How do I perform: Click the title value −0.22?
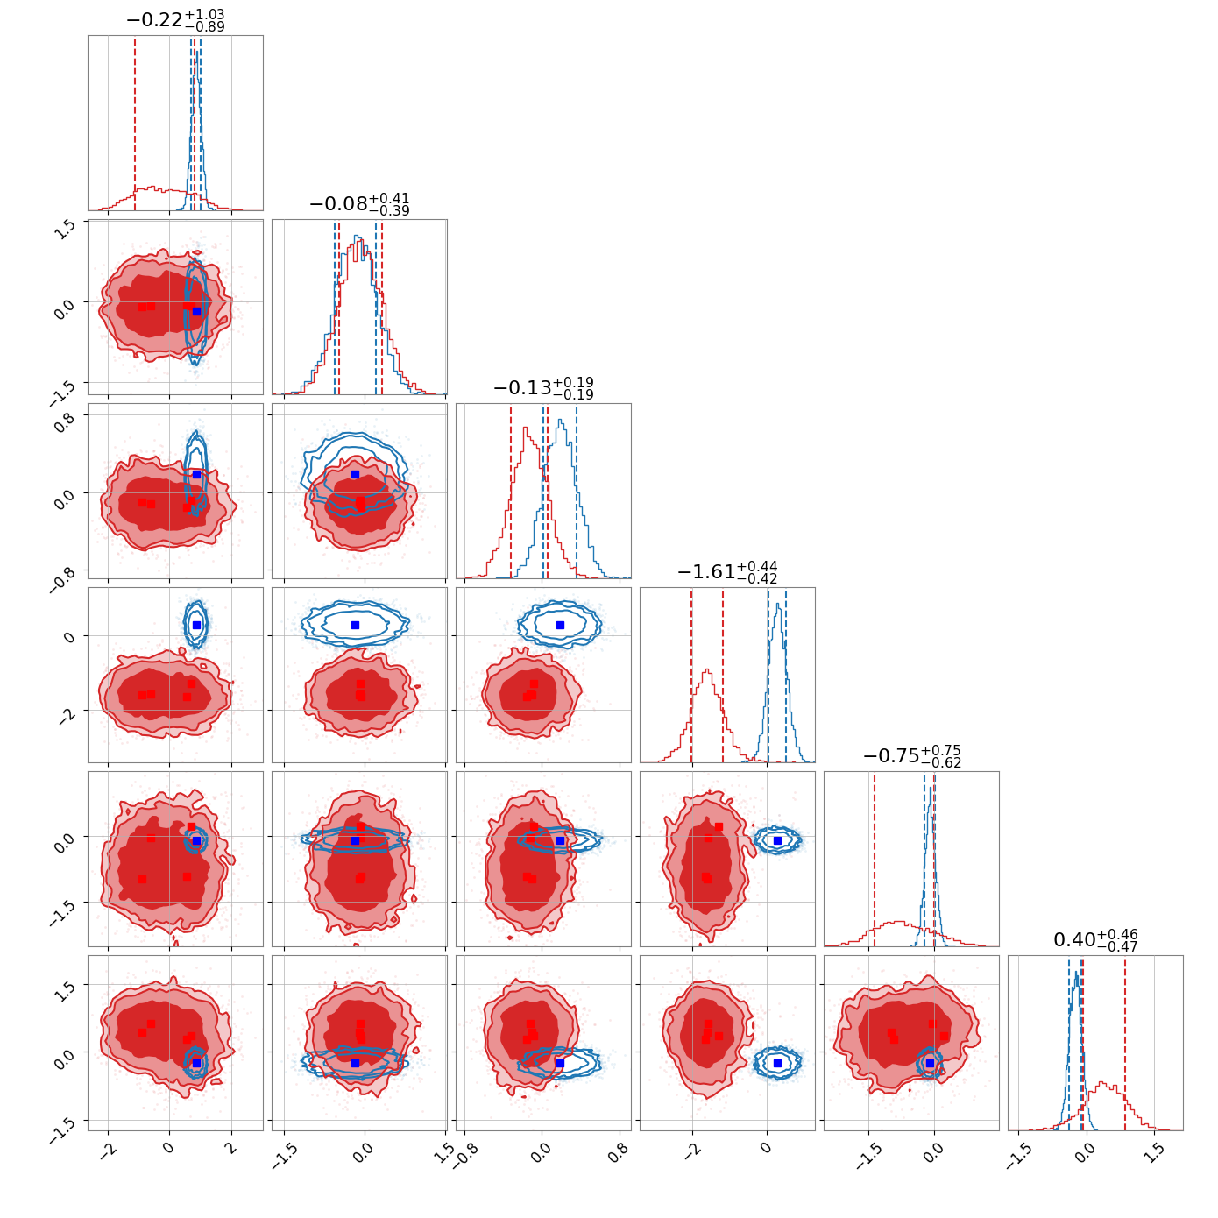point(155,20)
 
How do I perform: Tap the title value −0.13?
point(523,388)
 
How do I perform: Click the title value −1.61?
point(706,572)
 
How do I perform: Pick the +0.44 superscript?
point(757,566)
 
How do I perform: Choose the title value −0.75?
point(891,756)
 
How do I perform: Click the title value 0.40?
point(1074,940)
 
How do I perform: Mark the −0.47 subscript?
point(1117,947)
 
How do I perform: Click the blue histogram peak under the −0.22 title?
point(197,52)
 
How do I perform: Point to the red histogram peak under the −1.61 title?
point(708,670)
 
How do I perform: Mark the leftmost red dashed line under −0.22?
point(135,124)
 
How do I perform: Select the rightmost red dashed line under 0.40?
point(1125,1043)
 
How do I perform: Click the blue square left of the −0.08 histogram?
point(196,312)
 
